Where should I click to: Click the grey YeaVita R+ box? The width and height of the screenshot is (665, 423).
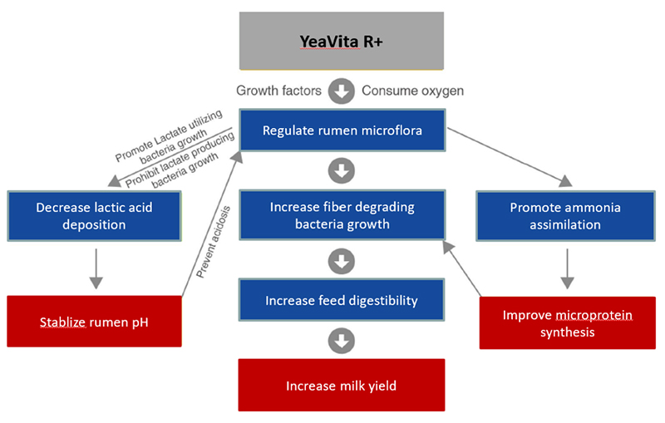[341, 41]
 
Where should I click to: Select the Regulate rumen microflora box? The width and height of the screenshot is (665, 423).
[341, 130]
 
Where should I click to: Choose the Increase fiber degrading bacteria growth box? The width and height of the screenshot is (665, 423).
[341, 214]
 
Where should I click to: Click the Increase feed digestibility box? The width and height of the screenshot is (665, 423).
[341, 300]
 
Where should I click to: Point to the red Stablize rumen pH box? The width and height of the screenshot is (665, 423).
[94, 321]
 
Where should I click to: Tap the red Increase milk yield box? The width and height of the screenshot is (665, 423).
[341, 386]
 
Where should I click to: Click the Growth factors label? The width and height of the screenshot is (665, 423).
[278, 90]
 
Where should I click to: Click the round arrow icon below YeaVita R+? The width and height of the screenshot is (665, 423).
[341, 90]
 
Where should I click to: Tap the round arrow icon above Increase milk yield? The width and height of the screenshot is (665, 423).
[341, 341]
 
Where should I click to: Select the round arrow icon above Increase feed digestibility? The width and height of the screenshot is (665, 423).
[341, 262]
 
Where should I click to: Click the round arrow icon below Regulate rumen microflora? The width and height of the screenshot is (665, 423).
[341, 172]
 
